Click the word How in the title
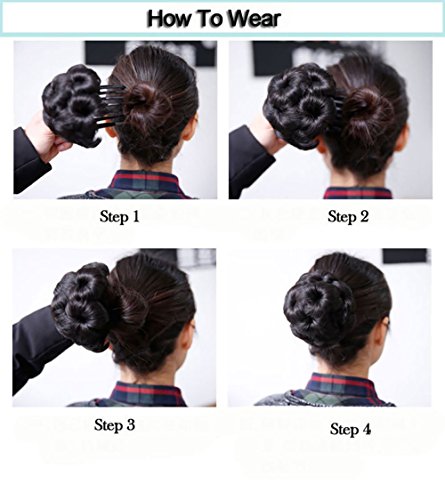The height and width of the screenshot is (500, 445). pyautogui.click(x=171, y=18)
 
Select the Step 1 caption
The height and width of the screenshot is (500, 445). pyautogui.click(x=120, y=215)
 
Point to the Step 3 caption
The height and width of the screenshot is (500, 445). pyautogui.click(x=114, y=425)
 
